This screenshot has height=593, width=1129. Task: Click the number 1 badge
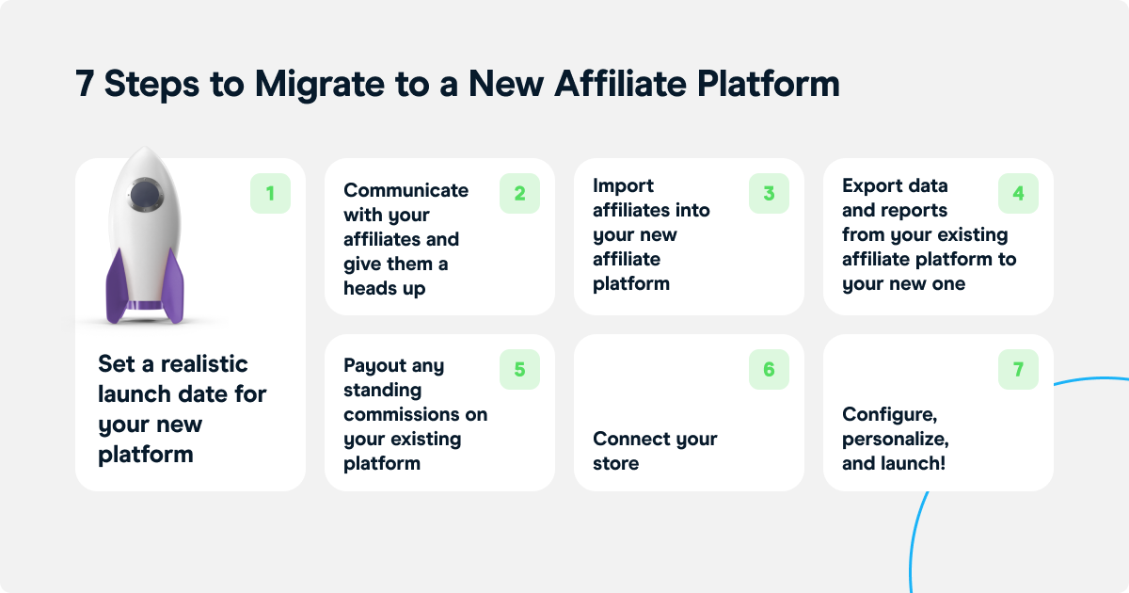pyautogui.click(x=270, y=194)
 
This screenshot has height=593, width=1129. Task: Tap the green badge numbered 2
pyautogui.click(x=519, y=194)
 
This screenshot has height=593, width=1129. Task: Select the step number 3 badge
pyautogui.click(x=769, y=194)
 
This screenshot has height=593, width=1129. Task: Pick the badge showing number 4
pyautogui.click(x=1018, y=194)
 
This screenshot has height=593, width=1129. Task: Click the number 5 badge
pyautogui.click(x=519, y=370)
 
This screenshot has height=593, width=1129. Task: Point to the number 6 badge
pyautogui.click(x=769, y=370)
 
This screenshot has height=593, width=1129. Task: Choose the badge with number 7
pyautogui.click(x=1018, y=370)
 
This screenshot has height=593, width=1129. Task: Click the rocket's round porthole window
pyautogui.click(x=143, y=195)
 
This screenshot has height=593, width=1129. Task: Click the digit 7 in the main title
pyautogui.click(x=86, y=85)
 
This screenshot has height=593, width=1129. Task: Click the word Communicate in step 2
pyautogui.click(x=405, y=190)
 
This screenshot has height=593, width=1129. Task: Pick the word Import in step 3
pyautogui.click(x=623, y=185)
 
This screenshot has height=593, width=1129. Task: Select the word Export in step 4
pyautogui.click(x=868, y=185)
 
